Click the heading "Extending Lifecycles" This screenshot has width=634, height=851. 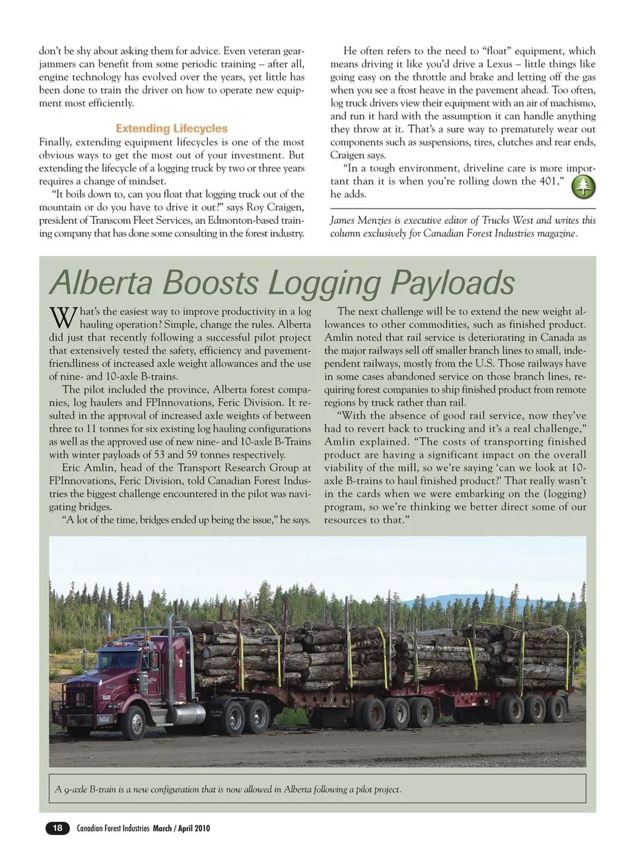pyautogui.click(x=172, y=129)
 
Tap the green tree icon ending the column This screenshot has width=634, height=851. pyautogui.click(x=582, y=187)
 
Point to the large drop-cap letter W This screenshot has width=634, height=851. pyautogui.click(x=63, y=318)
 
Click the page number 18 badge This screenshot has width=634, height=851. pyautogui.click(x=57, y=828)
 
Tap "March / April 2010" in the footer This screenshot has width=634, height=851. pyautogui.click(x=182, y=828)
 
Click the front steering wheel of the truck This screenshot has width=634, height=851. pyautogui.click(x=136, y=722)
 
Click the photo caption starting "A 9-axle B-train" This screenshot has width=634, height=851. pyautogui.click(x=229, y=789)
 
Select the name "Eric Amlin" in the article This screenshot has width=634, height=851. pyautogui.click(x=88, y=468)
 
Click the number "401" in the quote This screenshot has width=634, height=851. pyautogui.click(x=547, y=181)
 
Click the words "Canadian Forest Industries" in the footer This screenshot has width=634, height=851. pyautogui.click(x=113, y=828)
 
